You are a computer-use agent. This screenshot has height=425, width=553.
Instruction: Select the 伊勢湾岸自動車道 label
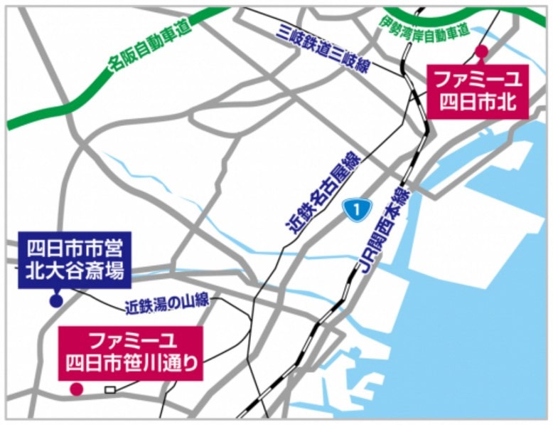click(424, 26)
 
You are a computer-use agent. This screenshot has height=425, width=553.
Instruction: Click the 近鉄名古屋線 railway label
click(323, 194)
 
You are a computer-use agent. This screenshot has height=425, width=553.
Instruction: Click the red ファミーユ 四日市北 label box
click(478, 91)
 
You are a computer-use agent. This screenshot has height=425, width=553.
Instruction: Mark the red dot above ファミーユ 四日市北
click(481, 51)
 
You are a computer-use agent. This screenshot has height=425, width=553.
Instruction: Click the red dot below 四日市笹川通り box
click(75, 389)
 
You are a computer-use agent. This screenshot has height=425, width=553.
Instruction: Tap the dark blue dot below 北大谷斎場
click(56, 301)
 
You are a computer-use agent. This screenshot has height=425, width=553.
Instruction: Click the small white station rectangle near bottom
click(110, 389)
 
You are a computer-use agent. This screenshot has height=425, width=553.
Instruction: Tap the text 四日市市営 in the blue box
click(75, 249)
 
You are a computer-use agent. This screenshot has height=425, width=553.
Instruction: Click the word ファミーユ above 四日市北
click(478, 79)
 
